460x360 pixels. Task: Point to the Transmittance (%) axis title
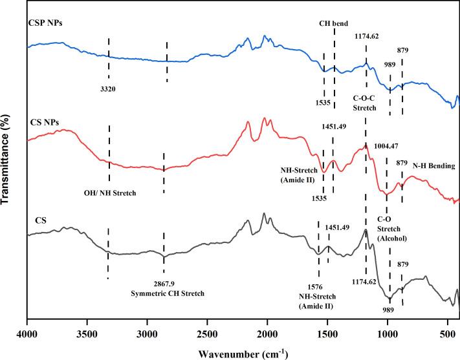coord(7,162)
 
